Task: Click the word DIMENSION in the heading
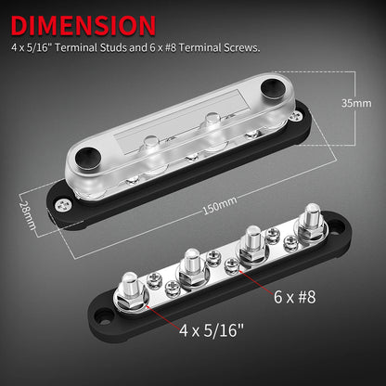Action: [84, 23]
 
